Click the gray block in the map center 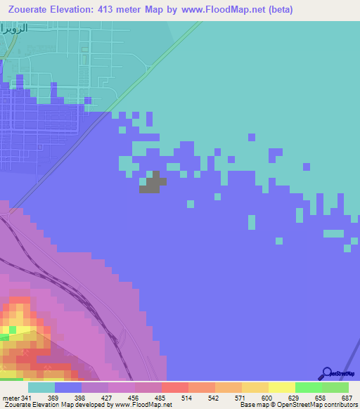[x=153, y=183]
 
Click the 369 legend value [x=53, y=397]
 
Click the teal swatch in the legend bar [x=41, y=387]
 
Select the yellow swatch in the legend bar [x=282, y=387]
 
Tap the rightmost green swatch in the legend [x=335, y=387]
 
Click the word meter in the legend [x=11, y=397]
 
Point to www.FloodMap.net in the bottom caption [x=143, y=405]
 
